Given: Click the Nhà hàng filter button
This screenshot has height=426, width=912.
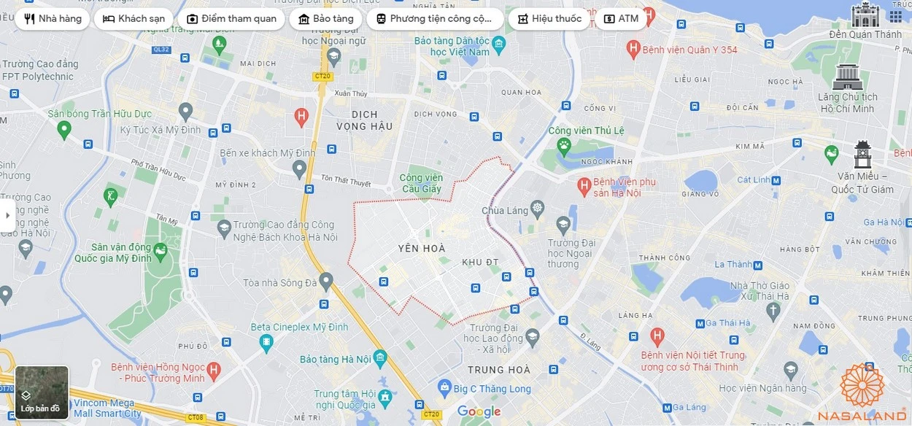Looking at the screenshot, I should click(53, 19).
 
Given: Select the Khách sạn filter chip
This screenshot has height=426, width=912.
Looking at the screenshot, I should click(134, 19).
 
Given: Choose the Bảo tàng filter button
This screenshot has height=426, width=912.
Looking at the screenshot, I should click(325, 19).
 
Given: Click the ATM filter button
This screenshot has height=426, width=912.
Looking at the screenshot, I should click(621, 19).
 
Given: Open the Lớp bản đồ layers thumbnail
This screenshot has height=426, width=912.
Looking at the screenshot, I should click(42, 392).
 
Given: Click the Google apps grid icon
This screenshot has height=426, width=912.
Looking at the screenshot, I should click(895, 16).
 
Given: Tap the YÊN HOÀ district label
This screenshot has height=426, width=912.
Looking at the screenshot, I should click(422, 249).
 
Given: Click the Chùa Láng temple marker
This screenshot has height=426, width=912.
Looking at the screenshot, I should click(538, 208).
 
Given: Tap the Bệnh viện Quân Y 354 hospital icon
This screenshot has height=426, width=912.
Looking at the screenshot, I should click(633, 50).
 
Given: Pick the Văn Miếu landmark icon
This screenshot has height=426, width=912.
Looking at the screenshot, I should click(862, 155).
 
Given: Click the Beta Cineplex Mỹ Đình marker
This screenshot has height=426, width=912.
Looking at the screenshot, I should click(266, 341).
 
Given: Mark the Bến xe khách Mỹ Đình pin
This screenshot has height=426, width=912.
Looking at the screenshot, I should click(299, 169).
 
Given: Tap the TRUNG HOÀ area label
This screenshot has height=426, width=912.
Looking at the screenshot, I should click(498, 371).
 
